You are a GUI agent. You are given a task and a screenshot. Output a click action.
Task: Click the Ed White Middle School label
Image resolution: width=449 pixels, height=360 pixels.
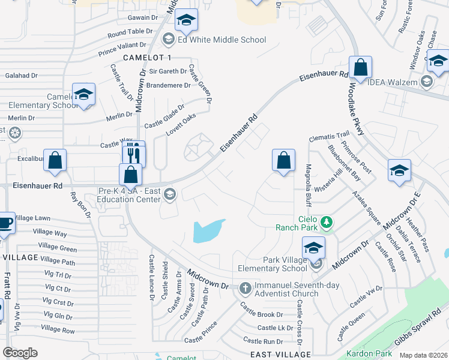click(x=221, y=40)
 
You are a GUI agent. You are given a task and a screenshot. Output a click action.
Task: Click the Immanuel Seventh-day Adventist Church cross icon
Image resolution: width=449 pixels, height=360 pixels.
click(x=244, y=289)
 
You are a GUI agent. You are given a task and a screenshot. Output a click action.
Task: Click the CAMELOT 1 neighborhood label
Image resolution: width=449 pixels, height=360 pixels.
click(x=147, y=57)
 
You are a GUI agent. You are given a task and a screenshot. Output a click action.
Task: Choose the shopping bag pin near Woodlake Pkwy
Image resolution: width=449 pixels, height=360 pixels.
click(x=361, y=68)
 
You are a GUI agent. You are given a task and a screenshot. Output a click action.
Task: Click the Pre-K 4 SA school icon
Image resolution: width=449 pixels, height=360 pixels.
click(x=170, y=193)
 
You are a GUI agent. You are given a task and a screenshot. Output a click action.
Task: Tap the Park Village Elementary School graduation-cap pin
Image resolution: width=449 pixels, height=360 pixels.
click(x=314, y=248)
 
